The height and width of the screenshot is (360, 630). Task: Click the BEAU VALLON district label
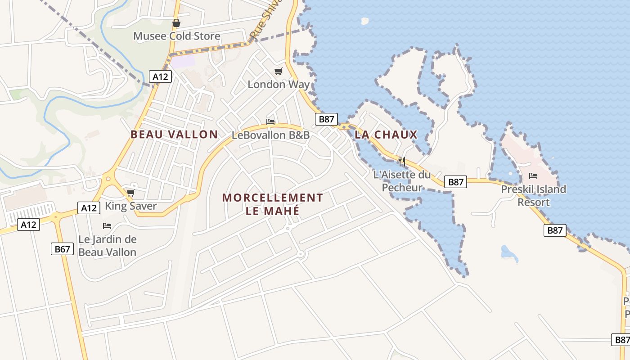tap(174, 134)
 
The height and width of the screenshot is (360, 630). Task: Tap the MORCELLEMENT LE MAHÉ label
tap(273, 204)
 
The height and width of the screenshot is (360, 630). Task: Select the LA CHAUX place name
tap(386, 134)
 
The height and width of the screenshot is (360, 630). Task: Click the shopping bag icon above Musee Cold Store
tap(176, 23)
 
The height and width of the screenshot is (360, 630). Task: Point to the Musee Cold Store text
tap(176, 36)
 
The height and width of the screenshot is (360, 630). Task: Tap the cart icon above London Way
tap(279, 71)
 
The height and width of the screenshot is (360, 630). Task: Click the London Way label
tap(279, 84)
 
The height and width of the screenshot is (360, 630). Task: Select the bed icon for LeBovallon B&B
tap(270, 121)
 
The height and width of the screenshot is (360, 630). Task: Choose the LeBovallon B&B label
tap(270, 135)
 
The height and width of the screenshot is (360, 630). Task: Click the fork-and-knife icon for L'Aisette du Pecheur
tap(402, 161)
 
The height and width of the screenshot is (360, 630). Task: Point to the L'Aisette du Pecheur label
tap(402, 181)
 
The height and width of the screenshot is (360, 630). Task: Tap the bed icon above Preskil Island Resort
tap(533, 175)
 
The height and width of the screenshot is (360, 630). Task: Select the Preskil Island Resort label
tap(533, 195)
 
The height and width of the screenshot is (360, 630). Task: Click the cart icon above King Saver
tap(130, 193)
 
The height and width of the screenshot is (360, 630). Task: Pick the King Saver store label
tap(130, 206)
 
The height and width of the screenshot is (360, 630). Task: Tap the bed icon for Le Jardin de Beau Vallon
tap(107, 226)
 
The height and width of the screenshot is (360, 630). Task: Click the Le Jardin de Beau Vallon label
tap(107, 246)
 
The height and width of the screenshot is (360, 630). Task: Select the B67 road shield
tap(62, 249)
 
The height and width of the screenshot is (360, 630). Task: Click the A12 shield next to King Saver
tap(88, 207)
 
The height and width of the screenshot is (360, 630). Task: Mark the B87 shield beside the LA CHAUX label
tap(326, 119)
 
